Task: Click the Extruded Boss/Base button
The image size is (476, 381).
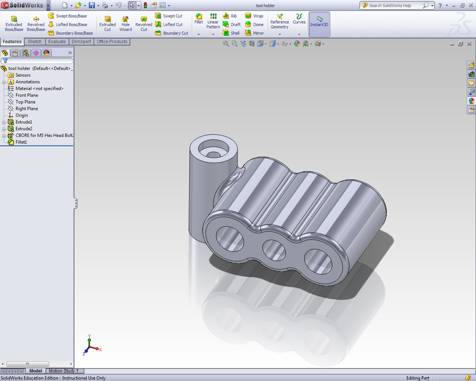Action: tap(13, 23)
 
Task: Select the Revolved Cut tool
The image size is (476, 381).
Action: tap(143, 23)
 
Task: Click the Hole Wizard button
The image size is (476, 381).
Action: tap(126, 23)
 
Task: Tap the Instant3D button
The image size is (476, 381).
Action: tap(319, 23)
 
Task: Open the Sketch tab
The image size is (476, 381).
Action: tap(35, 42)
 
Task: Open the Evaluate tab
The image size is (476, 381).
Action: tap(57, 42)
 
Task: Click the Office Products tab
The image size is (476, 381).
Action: tap(112, 42)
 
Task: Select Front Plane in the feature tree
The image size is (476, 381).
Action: tap(27, 95)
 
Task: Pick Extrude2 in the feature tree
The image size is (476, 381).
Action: tap(24, 129)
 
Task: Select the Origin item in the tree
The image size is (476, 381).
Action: tap(21, 115)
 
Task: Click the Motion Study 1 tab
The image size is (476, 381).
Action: tap(63, 371)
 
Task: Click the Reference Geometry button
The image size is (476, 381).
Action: tap(279, 23)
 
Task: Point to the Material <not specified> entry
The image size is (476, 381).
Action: tap(39, 89)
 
